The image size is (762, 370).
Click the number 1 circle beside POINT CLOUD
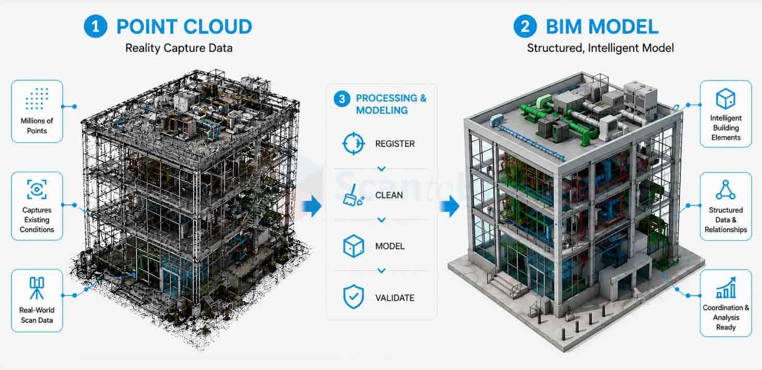[x=96, y=26]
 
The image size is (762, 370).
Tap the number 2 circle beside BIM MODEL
[x=525, y=26]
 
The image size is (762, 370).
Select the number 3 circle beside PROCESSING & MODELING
[x=342, y=99]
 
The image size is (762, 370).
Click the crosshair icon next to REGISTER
[x=353, y=143]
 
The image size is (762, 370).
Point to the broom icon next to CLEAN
[x=353, y=195]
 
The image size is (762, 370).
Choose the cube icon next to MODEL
[x=353, y=246]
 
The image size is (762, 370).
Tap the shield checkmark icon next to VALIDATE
[x=353, y=297]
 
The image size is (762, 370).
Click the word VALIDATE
[x=395, y=298]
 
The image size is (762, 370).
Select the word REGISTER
[x=395, y=144]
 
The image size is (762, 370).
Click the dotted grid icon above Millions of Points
[x=37, y=99]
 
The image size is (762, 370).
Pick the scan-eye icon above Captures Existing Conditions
[x=37, y=189]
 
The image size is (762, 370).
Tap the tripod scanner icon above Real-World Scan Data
[x=37, y=288]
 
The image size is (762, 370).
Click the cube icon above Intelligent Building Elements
[x=725, y=99]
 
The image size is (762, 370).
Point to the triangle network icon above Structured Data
[x=725, y=190]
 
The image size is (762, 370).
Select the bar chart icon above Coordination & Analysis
[x=725, y=287]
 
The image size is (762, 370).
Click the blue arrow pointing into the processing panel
[x=312, y=206]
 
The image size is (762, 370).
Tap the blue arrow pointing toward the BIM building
[x=449, y=206]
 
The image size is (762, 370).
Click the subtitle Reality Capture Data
[x=179, y=48]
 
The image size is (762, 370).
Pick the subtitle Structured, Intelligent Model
[x=600, y=48]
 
